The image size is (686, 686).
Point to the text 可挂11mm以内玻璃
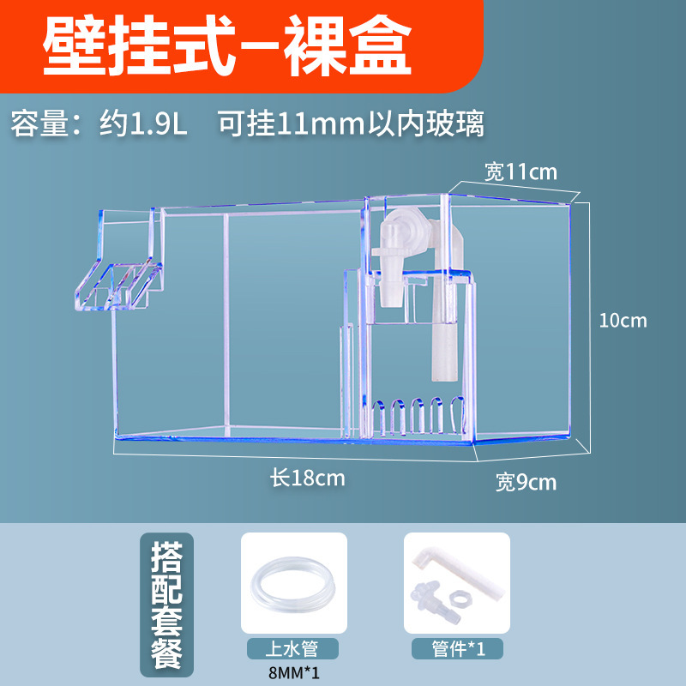click(x=351, y=123)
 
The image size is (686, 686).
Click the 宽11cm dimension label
click(x=521, y=171)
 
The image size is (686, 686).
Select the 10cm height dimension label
click(x=623, y=321)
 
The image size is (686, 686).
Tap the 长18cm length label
click(x=308, y=478)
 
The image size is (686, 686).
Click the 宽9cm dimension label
click(x=526, y=482)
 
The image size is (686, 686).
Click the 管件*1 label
click(x=456, y=649)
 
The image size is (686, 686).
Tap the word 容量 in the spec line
click(x=39, y=123)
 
